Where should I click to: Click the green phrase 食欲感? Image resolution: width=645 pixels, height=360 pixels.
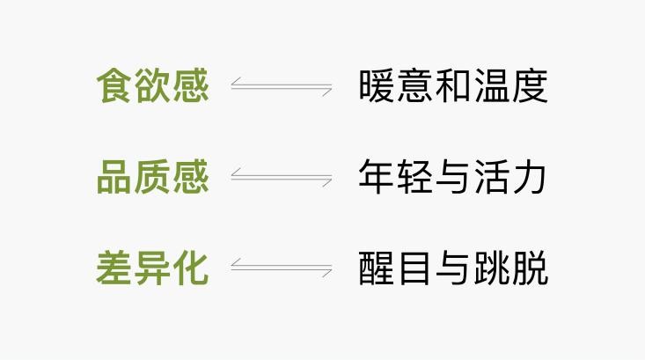(x=152, y=85)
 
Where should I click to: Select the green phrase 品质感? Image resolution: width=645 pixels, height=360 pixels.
(x=152, y=177)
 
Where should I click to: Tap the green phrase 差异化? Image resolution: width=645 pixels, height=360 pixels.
(x=152, y=268)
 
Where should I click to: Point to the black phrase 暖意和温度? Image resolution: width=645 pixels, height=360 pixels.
(x=453, y=85)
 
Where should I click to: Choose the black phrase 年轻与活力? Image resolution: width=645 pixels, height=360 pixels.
(x=452, y=177)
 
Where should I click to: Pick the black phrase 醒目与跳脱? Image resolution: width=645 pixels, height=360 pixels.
(x=453, y=268)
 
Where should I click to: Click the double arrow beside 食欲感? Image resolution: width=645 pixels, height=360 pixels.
(x=282, y=86)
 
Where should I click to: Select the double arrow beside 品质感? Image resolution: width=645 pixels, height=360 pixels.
(x=282, y=177)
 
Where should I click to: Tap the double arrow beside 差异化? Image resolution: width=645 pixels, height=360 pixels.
(x=282, y=268)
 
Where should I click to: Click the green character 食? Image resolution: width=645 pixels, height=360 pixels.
(x=114, y=85)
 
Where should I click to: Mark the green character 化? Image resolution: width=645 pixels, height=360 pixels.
(x=191, y=268)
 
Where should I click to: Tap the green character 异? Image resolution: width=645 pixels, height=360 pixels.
(x=152, y=268)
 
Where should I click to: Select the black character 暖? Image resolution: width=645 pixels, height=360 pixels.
(x=376, y=85)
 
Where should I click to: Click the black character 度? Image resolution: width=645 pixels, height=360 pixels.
(x=531, y=85)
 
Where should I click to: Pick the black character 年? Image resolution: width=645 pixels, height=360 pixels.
(x=376, y=177)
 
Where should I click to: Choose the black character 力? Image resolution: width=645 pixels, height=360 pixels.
(x=530, y=177)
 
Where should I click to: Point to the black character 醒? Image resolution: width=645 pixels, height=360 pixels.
(x=376, y=268)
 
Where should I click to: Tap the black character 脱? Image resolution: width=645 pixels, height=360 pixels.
(x=531, y=268)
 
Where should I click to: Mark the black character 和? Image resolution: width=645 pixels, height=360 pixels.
(x=453, y=85)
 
